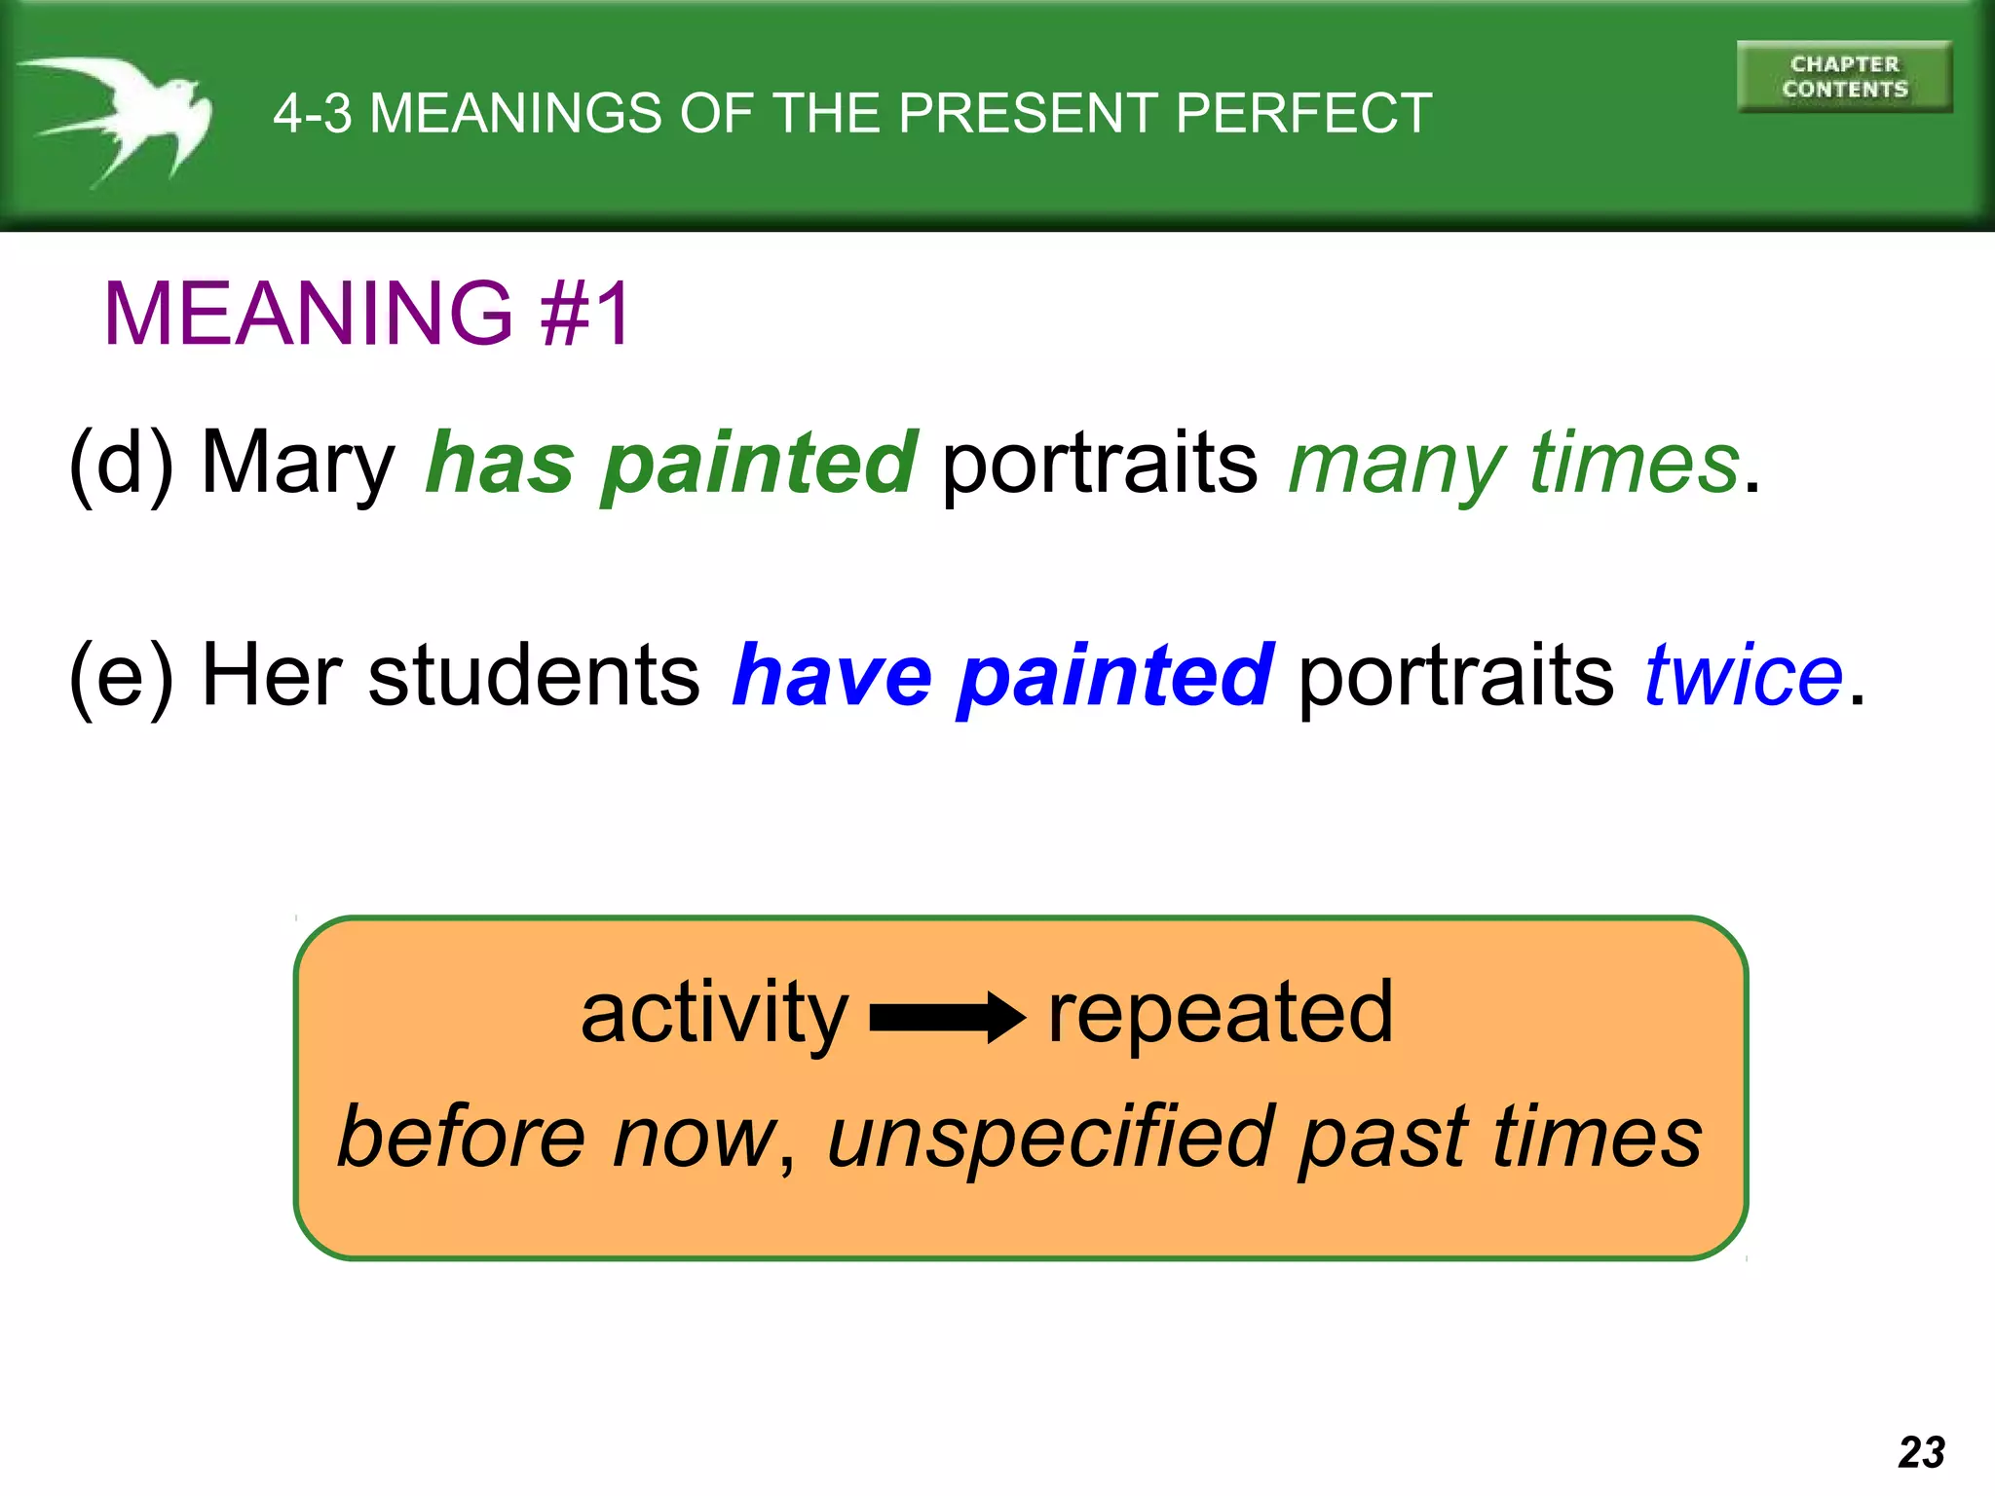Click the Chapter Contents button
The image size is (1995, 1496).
point(1843,77)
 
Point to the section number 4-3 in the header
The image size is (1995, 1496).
point(312,114)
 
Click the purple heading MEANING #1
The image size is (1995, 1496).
point(368,314)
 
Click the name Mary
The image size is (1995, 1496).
point(297,466)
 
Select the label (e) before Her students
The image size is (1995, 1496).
point(121,676)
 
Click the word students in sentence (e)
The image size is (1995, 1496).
point(533,676)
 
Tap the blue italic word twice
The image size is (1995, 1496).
point(1743,676)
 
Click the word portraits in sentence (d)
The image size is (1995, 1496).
point(1100,466)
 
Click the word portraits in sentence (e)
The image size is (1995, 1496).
point(1455,678)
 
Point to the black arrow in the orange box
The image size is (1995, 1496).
point(946,1018)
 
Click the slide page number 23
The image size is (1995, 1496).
point(1921,1452)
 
